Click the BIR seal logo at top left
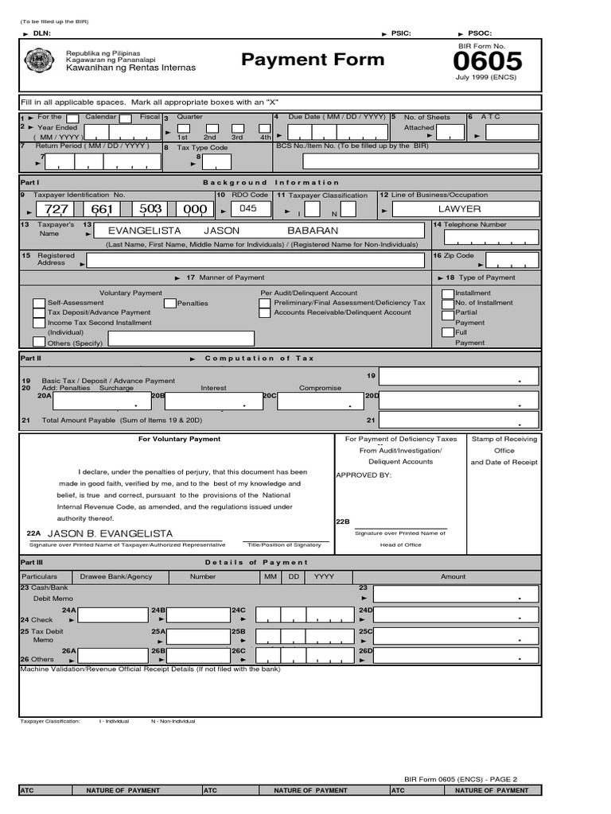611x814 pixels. tap(39, 61)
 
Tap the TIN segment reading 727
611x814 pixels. tap(56, 209)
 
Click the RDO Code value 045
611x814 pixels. tap(248, 208)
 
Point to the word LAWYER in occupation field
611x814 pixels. tap(459, 208)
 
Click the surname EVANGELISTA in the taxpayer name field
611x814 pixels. tap(144, 231)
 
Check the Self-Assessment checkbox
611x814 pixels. tap(39, 303)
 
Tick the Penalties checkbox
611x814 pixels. tap(169, 303)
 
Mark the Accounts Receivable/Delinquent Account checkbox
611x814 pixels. tap(264, 313)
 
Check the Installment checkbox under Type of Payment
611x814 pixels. tap(448, 293)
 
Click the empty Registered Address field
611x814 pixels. tap(255, 260)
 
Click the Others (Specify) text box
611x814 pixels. tap(181, 339)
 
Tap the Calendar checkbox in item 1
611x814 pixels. tap(72, 118)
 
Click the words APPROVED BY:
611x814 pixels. tap(364, 475)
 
